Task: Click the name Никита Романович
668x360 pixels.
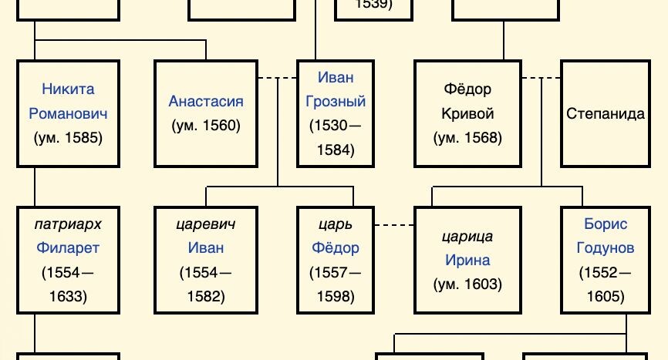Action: [x=68, y=102]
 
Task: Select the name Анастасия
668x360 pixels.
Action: [x=206, y=102]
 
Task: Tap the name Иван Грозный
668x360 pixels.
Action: [x=336, y=89]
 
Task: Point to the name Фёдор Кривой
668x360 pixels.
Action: [x=468, y=102]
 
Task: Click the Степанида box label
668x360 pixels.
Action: [x=606, y=114]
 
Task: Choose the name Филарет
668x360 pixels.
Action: [x=68, y=248]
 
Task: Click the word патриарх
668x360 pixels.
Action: [x=68, y=224]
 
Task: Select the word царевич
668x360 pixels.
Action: [x=206, y=224]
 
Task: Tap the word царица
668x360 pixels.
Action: [x=468, y=236]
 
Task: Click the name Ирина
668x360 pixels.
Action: [x=468, y=260]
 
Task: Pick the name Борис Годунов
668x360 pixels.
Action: [x=606, y=236]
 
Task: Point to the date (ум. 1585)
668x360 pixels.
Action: [x=68, y=138]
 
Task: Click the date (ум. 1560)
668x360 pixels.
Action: [x=206, y=126]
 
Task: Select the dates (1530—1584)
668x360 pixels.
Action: [x=336, y=138]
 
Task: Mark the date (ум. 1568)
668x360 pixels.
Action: [x=468, y=138]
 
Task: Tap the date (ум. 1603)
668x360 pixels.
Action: [x=468, y=284]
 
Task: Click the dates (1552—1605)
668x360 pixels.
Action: [x=606, y=284]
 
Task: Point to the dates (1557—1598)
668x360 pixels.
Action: [x=336, y=284]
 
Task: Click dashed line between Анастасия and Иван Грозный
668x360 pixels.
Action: [x=277, y=77]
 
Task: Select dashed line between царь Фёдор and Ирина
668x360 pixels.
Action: [x=394, y=224]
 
